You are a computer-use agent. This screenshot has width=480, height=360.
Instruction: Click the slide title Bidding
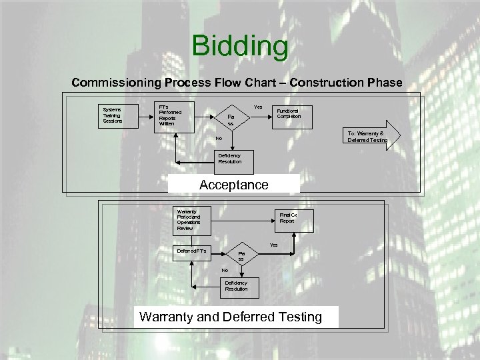pyautogui.click(x=240, y=47)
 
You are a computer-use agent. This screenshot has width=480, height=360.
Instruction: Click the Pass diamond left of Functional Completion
pyautogui.click(x=230, y=120)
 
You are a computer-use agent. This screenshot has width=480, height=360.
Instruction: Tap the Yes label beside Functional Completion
pyautogui.click(x=258, y=107)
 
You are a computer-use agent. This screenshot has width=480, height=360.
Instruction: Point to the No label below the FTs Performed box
pyautogui.click(x=218, y=139)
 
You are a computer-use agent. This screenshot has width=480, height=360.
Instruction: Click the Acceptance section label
pyautogui.click(x=234, y=185)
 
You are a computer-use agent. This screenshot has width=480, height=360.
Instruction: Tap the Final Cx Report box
pyautogui.click(x=288, y=218)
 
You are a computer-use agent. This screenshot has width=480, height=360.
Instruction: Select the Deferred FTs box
pyautogui.click(x=192, y=251)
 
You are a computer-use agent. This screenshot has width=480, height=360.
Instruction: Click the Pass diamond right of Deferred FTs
pyautogui.click(x=241, y=257)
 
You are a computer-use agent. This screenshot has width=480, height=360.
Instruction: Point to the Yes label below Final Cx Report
pyautogui.click(x=273, y=245)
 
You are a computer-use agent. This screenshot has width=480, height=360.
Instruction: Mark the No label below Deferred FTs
pyautogui.click(x=225, y=270)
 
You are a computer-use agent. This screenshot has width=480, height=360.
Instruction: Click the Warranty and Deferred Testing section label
pyautogui.click(x=230, y=317)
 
